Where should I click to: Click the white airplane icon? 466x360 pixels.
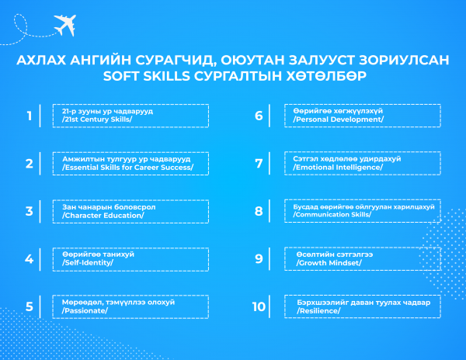coord(64,25)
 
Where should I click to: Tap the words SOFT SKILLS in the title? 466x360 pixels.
coord(147,76)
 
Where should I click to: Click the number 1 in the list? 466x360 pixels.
coord(30,116)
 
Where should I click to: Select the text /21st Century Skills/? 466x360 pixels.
coord(97,119)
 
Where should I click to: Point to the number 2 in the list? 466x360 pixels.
coord(30,164)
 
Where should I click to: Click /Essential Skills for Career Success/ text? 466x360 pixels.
coord(128,168)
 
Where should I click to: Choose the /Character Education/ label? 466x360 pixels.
coord(103,216)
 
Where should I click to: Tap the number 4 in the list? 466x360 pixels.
coord(30,259)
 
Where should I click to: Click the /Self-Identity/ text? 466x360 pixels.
coord(88,263)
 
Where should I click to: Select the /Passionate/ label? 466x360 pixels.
coord(85,311)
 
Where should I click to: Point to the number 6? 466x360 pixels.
coord(259,116)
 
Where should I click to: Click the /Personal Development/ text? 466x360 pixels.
coord(338,119)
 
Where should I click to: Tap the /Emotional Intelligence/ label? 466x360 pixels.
coord(338,168)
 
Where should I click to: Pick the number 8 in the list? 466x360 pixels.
coord(259,211)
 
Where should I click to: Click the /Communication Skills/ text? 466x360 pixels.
coord(332,215)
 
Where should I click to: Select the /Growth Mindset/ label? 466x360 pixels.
coord(329,263)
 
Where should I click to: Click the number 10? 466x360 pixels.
coord(259,307)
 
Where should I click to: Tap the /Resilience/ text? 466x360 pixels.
coord(318,311)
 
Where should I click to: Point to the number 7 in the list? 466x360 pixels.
coord(259,164)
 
